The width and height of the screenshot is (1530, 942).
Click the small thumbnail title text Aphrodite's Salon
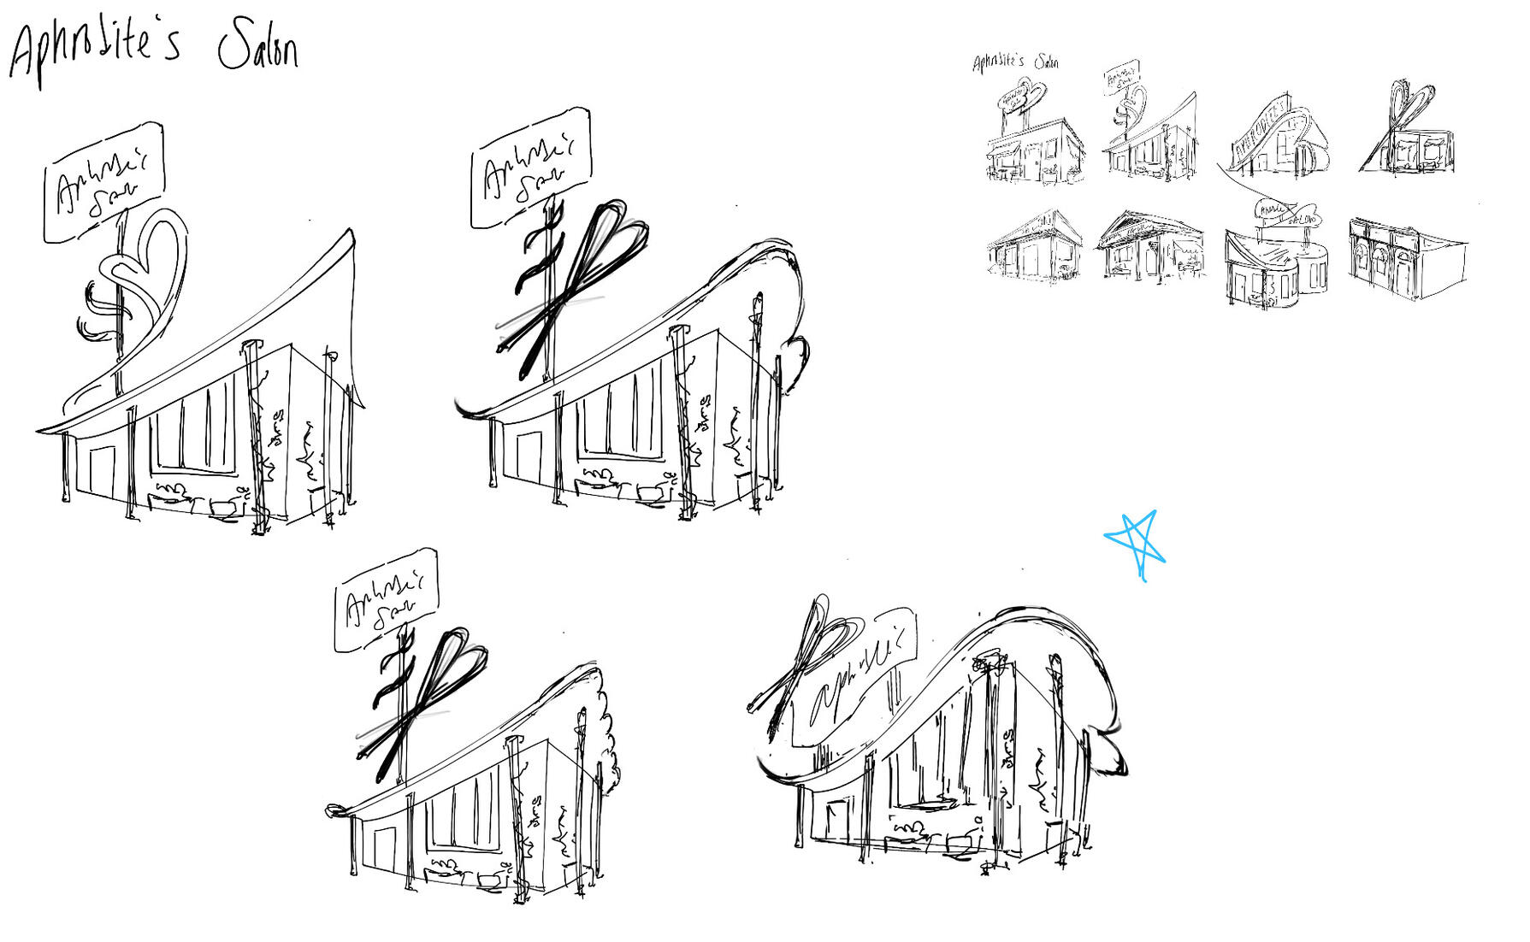point(1015,62)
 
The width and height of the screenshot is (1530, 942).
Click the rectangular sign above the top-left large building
point(103,181)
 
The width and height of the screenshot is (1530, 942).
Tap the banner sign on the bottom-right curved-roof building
point(855,675)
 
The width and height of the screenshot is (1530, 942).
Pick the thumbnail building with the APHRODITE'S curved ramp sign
point(1274,137)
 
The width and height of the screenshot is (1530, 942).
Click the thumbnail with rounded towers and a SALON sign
point(1274,256)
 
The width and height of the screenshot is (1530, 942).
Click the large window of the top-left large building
point(195,427)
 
